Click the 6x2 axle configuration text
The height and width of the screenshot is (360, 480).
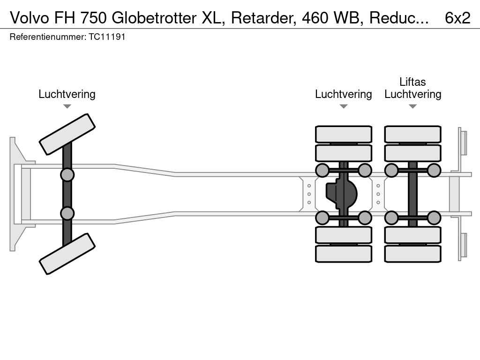click(x=457, y=18)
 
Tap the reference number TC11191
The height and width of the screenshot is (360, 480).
click(x=107, y=37)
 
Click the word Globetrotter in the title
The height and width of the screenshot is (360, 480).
click(x=154, y=18)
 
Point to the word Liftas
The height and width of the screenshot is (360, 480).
click(x=412, y=82)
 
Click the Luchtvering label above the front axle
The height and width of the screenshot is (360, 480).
click(x=67, y=94)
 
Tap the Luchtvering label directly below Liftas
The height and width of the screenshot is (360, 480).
click(x=412, y=94)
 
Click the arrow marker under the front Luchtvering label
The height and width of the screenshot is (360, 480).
click(x=67, y=106)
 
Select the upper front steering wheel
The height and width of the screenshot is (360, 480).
click(x=67, y=134)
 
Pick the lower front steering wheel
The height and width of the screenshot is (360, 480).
click(x=67, y=254)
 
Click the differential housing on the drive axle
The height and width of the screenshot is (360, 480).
click(x=341, y=194)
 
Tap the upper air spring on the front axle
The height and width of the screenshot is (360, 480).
click(x=67, y=175)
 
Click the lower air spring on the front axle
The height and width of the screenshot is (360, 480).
click(x=67, y=213)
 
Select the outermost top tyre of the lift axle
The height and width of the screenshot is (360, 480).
click(x=412, y=134)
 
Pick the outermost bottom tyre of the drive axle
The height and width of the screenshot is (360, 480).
click(x=344, y=254)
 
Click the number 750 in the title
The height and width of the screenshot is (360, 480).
click(x=94, y=18)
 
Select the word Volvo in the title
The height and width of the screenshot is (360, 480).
click(x=30, y=18)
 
